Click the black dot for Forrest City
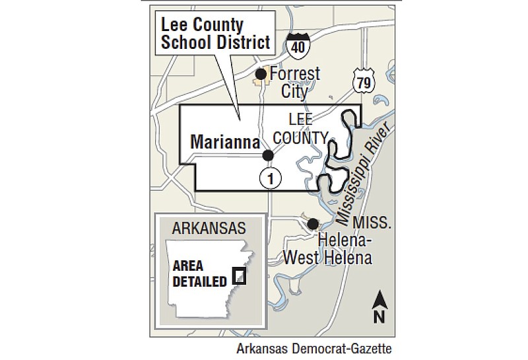coord(261,74)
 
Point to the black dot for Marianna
coord(268,156)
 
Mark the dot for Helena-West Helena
coord(313,224)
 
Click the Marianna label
coord(222,141)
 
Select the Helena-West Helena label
coord(328,247)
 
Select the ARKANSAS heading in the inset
coord(208,229)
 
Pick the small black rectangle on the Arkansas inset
coord(240,275)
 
